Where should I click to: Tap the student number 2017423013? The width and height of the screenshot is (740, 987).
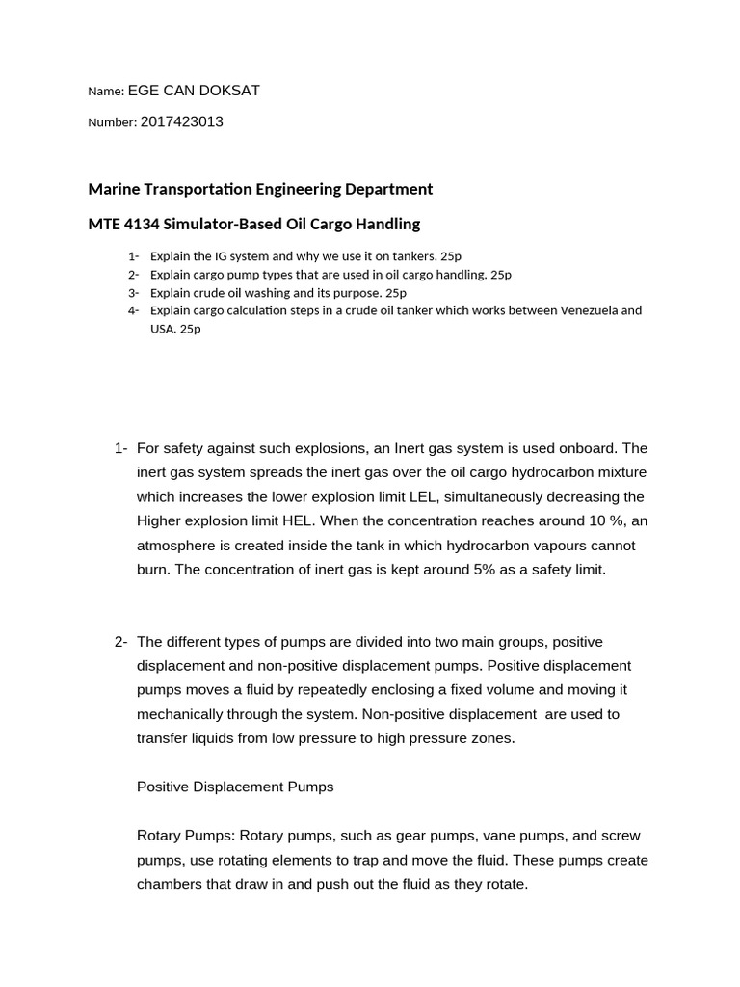coord(181,122)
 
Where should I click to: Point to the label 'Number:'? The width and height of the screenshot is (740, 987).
coord(112,122)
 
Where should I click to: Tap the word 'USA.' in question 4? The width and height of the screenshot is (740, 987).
coord(163,329)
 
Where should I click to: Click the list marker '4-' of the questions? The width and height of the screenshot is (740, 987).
coord(132,310)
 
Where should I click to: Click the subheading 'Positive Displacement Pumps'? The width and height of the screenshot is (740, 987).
coord(235,787)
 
